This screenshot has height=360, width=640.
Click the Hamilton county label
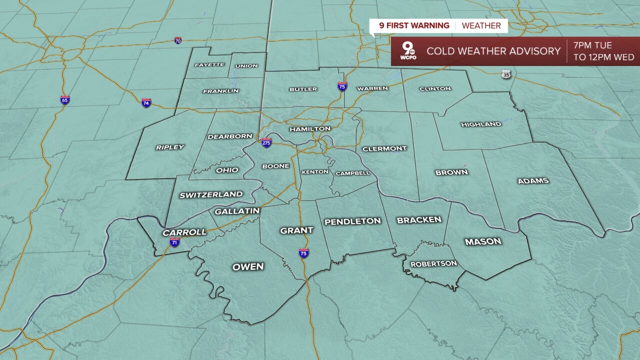click(310, 129)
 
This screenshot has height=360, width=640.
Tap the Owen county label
click(248, 266)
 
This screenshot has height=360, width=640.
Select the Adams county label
click(533, 181)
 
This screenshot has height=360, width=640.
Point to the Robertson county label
click(433, 263)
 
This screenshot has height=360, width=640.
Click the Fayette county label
click(209, 65)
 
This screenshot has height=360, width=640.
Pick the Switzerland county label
click(211, 194)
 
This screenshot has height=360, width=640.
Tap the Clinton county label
click(435, 89)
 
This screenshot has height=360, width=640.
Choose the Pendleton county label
click(352, 221)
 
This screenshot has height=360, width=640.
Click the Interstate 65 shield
click(65, 99)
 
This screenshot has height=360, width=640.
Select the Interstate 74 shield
click(146, 102)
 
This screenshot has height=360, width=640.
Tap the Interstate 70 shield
click(178, 40)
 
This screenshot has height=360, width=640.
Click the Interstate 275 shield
click(266, 142)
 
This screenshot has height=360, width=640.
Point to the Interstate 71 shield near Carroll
click(174, 242)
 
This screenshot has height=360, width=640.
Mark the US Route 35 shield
click(506, 74)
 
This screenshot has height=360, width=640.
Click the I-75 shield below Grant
click(303, 252)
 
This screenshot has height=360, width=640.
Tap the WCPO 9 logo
click(409, 51)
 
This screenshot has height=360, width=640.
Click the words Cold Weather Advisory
click(493, 51)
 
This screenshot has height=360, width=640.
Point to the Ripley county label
click(170, 147)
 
